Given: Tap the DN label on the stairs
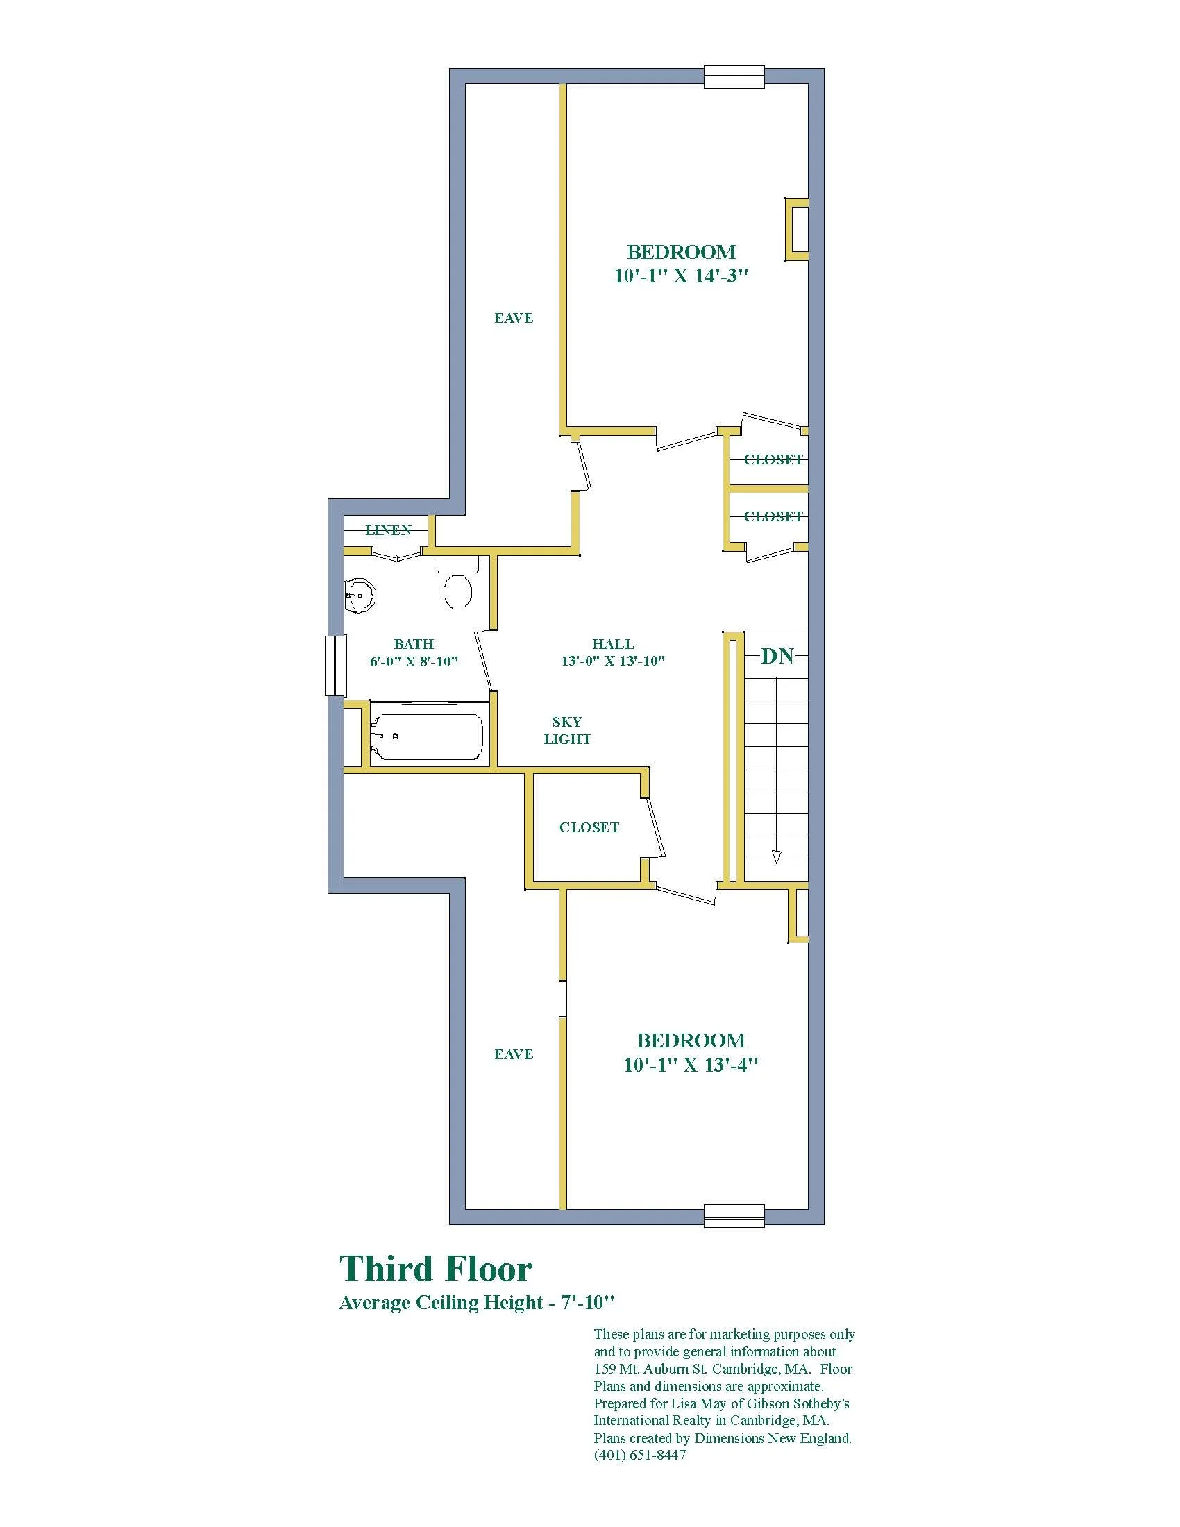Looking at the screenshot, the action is tap(777, 656).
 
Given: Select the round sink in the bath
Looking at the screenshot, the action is tap(360, 596).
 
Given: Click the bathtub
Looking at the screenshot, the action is tap(425, 736).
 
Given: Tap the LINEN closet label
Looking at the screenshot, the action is tap(389, 531).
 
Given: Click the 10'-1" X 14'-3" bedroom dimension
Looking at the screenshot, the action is tap(682, 276).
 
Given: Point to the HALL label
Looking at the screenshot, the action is tap(613, 644).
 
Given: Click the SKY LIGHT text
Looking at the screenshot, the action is tap(568, 731).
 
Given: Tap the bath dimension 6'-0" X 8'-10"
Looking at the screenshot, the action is tap(414, 661).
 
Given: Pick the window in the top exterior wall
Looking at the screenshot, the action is tap(734, 77).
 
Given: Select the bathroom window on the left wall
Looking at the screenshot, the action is tap(335, 665).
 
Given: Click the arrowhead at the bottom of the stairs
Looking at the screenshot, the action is tap(776, 857).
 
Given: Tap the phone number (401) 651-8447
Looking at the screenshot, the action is tap(640, 1455).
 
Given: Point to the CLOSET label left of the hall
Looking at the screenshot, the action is tap(589, 828).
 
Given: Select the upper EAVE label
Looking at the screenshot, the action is tap(514, 318).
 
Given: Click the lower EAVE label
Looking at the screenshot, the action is tap(514, 1054).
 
